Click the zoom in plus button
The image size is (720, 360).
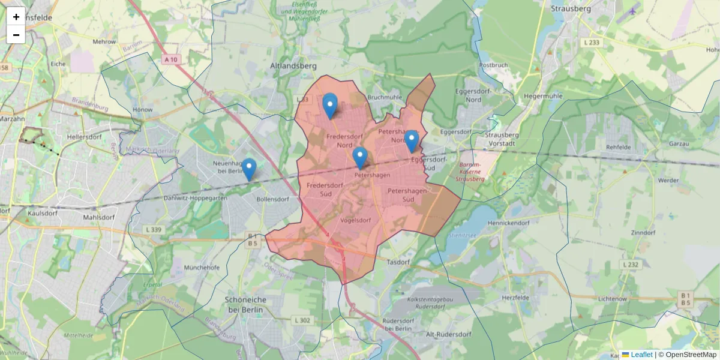pos(16,17)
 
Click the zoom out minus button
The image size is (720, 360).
pos(16,35)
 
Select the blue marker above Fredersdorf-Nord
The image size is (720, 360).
pos(330,106)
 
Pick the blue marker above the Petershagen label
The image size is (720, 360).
pos(360,158)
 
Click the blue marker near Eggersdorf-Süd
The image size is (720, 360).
pos(411,142)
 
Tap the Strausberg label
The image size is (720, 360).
pos(571,9)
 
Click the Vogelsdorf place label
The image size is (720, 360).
pos(355,220)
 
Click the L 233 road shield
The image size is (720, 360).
pos(591,43)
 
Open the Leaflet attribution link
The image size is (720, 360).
pos(641,355)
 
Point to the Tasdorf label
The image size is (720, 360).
pos(398,262)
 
